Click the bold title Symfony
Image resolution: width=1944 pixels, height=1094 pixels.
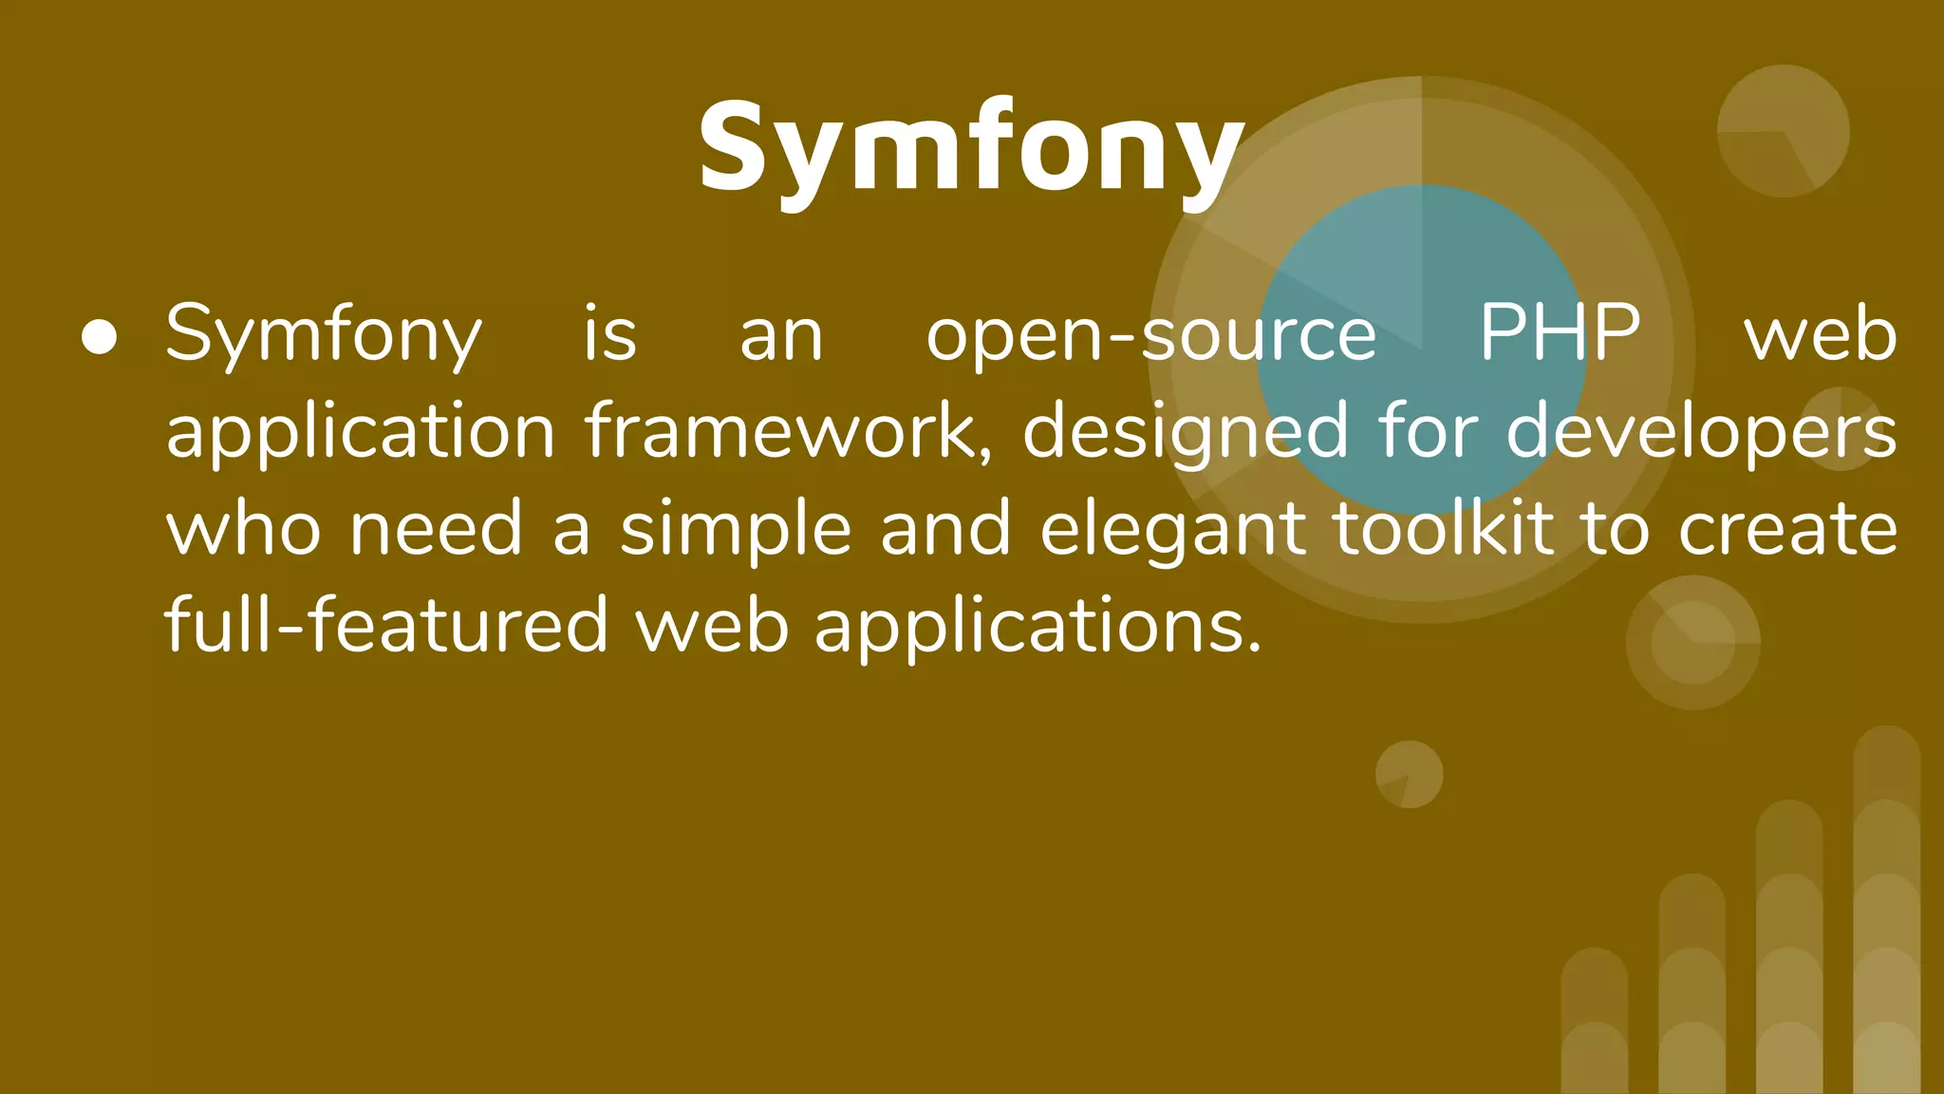pos(970,149)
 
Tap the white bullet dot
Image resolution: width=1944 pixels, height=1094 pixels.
pos(100,337)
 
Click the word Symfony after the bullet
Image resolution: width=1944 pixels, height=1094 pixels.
pos(324,335)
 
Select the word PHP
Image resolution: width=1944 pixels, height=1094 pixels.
pos(1560,333)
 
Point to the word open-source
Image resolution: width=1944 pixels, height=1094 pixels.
pos(1150,335)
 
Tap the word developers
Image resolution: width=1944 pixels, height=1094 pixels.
pos(1701,432)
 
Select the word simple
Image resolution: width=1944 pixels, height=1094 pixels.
pos(736,530)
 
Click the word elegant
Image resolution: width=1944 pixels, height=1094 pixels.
pos(1173,530)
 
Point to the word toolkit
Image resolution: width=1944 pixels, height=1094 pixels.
pos(1443,528)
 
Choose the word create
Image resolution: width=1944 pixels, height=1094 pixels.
pos(1787,529)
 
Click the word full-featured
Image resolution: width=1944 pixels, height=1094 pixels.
pos(385,626)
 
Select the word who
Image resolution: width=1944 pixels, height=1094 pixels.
pos(243,529)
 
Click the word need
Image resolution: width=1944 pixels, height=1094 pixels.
pos(436,529)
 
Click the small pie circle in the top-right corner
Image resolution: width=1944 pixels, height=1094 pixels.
pos(1783,131)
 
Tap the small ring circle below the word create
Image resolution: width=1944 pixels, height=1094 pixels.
pos(1692,642)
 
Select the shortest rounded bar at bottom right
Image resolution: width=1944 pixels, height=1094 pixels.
pos(1595,1021)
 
